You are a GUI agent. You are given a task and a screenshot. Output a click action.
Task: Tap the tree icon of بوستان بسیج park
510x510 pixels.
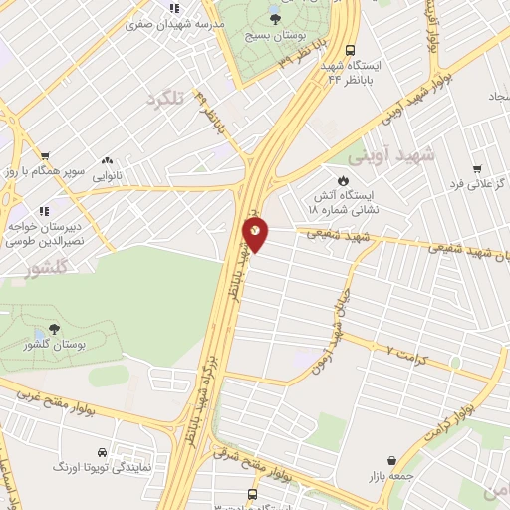click(276, 18)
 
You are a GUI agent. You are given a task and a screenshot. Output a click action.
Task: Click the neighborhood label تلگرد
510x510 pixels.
click(166, 99)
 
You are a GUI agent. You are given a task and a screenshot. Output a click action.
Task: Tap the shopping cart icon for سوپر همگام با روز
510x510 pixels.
click(46, 155)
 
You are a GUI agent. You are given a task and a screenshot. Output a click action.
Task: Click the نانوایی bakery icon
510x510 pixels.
click(106, 160)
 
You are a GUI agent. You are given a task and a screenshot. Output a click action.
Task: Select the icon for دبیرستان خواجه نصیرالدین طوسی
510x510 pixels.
click(44, 211)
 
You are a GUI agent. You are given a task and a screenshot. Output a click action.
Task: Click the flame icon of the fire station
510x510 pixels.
click(343, 180)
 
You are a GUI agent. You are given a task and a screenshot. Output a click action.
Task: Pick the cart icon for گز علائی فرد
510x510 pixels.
click(477, 168)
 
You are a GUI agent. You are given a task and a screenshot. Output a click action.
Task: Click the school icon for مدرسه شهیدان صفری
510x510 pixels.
click(174, 8)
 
